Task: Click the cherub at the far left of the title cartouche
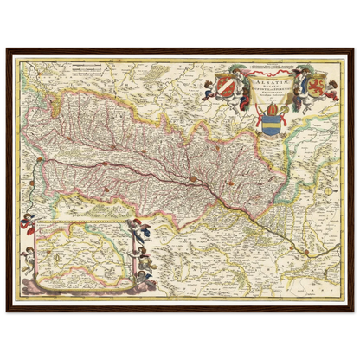click(211, 87)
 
